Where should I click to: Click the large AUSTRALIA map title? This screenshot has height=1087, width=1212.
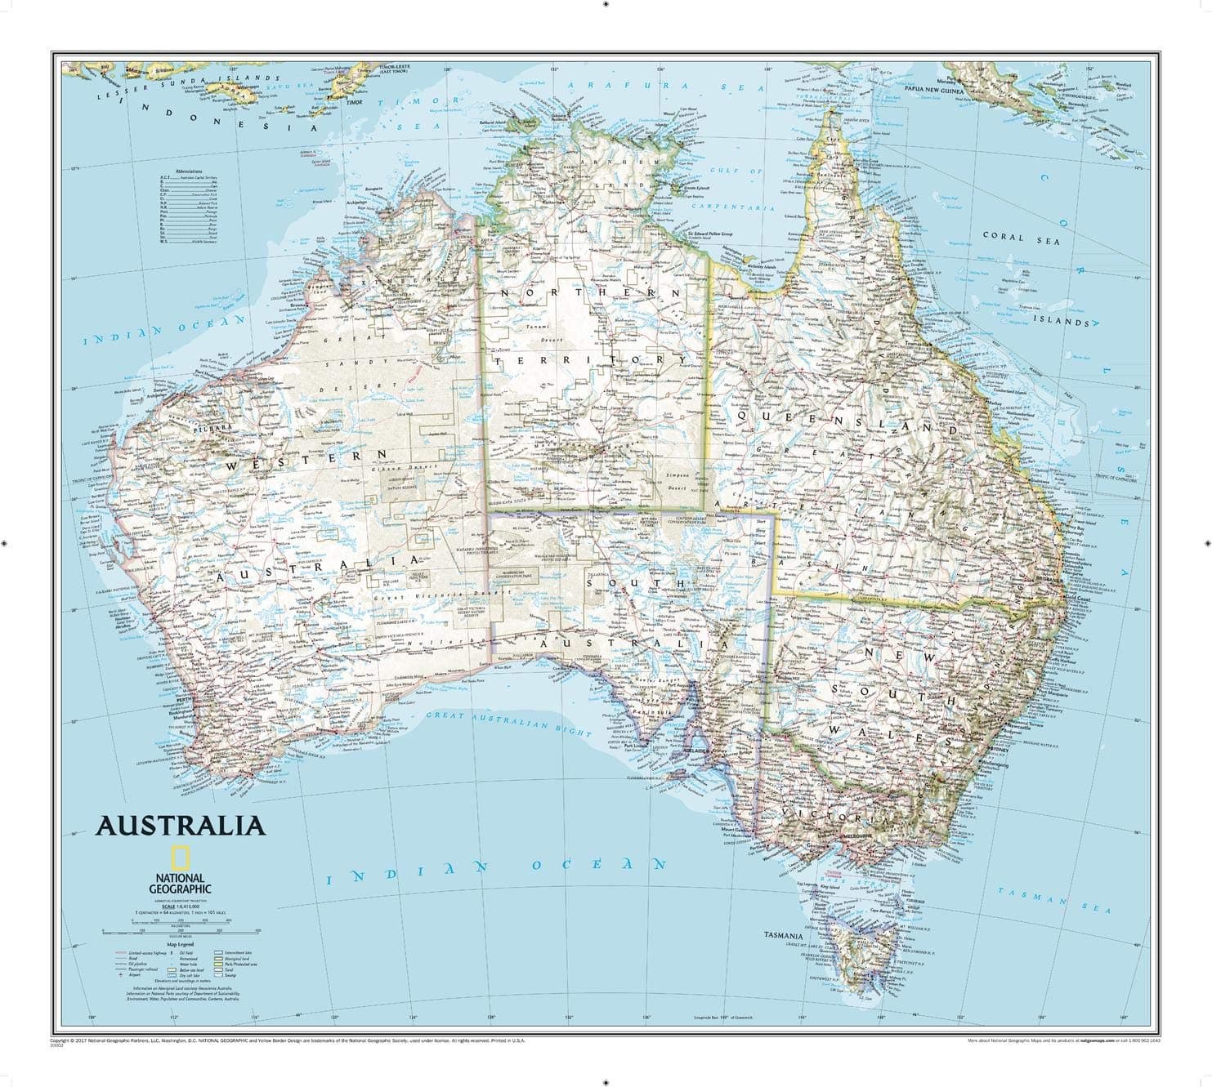pyautogui.click(x=181, y=825)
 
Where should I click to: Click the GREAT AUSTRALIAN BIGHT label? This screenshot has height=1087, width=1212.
pyautogui.click(x=508, y=723)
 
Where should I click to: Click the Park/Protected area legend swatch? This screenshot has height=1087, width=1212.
pyautogui.click(x=218, y=964)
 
